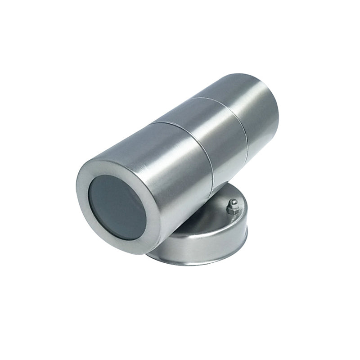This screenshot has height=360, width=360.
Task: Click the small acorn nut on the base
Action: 233,207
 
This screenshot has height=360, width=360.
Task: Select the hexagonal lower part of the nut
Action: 233,210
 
